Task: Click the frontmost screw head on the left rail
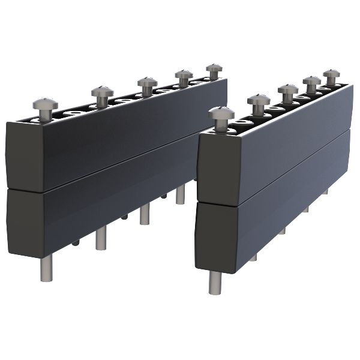click(45, 104)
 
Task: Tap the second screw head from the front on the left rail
click(103, 92)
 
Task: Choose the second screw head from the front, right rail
click(259, 100)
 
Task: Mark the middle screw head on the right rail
click(288, 90)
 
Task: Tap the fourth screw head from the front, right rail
click(311, 82)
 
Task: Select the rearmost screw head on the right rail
click(331, 75)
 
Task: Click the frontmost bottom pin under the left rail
click(47, 268)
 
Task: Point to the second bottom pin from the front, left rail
click(101, 238)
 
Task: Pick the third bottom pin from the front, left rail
click(145, 214)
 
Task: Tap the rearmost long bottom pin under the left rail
click(180, 194)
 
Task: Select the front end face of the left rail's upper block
click(24, 156)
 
